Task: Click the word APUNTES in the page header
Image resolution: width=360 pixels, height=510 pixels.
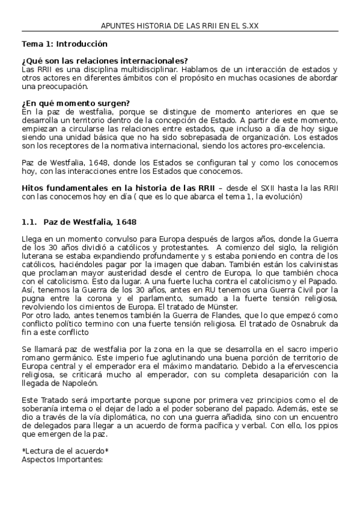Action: tap(117, 26)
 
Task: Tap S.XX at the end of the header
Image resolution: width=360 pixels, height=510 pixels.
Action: tap(249, 26)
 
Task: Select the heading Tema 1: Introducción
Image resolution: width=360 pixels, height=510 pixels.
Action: tap(64, 44)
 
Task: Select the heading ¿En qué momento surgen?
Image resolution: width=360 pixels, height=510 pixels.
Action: tap(76, 103)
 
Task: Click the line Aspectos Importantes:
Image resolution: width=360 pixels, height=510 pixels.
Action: tap(63, 459)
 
